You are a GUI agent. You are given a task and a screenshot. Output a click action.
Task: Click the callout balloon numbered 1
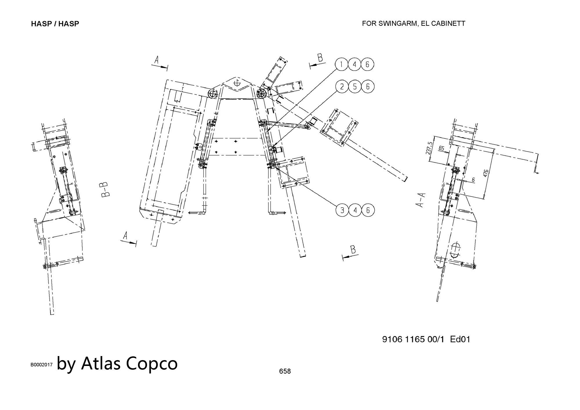tap(342, 64)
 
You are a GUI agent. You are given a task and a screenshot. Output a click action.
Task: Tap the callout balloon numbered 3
tap(342, 210)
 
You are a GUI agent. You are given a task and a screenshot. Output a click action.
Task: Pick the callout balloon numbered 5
tap(355, 86)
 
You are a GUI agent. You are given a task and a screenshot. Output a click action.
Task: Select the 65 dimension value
tap(441, 148)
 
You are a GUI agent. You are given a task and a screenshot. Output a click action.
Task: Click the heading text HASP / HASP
tap(55, 24)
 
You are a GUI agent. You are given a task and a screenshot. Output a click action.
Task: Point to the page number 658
tap(285, 371)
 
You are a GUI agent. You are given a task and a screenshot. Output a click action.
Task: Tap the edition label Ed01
tap(460, 339)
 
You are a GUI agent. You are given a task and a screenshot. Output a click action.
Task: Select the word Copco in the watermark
tap(152, 363)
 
